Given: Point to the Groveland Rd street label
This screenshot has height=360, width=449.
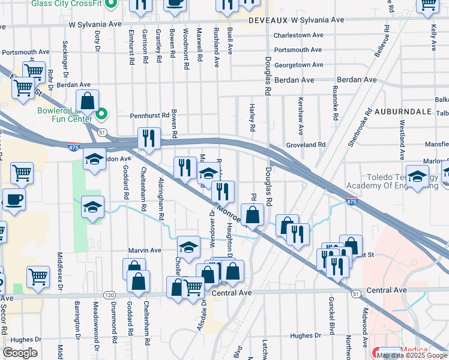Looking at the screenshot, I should (x=306, y=145).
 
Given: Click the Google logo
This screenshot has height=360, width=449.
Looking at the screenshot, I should (x=20, y=353).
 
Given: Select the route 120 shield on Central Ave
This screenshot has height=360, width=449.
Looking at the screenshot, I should (x=109, y=295).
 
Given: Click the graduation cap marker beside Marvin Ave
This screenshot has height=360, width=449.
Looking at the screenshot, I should (x=188, y=247).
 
